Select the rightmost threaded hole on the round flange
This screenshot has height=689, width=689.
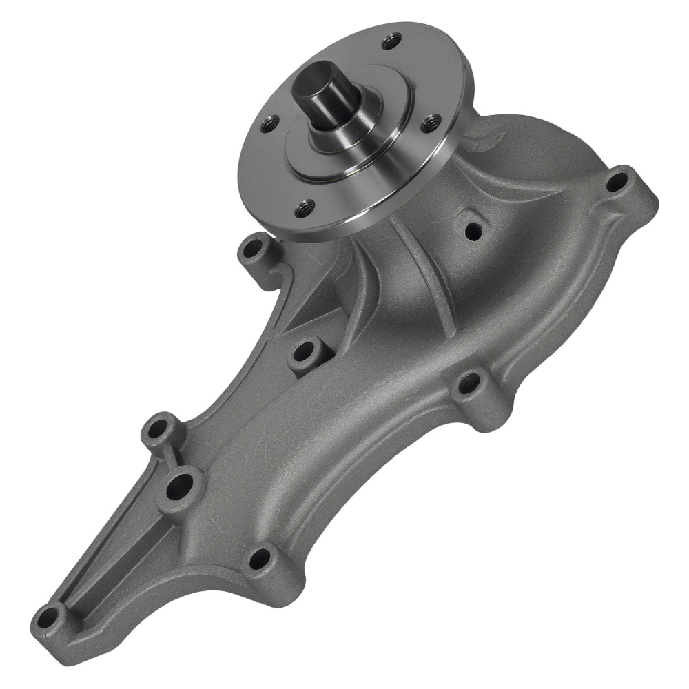tap(432, 123)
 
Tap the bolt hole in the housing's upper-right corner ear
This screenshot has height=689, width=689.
tap(615, 182)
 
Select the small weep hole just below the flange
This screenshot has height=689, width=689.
tap(473, 232)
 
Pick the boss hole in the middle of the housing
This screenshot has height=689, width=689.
tap(303, 353)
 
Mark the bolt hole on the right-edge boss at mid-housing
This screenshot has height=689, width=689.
tap(470, 382)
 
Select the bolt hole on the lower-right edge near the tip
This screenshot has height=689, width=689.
tap(260, 559)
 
